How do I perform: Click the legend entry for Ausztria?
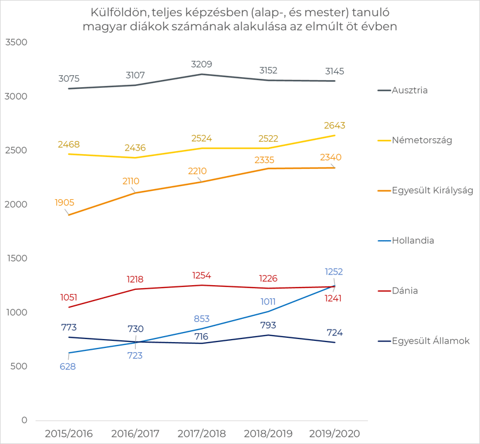402,90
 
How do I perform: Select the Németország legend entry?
415,140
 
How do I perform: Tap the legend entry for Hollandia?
406,240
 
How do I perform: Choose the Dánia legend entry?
398,290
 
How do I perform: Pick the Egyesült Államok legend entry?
424,340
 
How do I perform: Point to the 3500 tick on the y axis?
16,42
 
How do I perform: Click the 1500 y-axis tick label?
17,258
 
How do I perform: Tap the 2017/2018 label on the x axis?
201,433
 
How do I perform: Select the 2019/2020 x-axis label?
335,433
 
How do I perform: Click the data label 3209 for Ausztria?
201,64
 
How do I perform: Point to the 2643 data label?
335,126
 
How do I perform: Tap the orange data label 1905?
65,202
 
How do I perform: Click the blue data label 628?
68,366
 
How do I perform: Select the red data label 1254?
201,276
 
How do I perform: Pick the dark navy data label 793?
268,325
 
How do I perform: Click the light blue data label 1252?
334,271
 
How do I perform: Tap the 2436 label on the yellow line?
135,148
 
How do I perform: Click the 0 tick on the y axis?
24,420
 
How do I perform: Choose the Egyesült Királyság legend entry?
426,190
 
